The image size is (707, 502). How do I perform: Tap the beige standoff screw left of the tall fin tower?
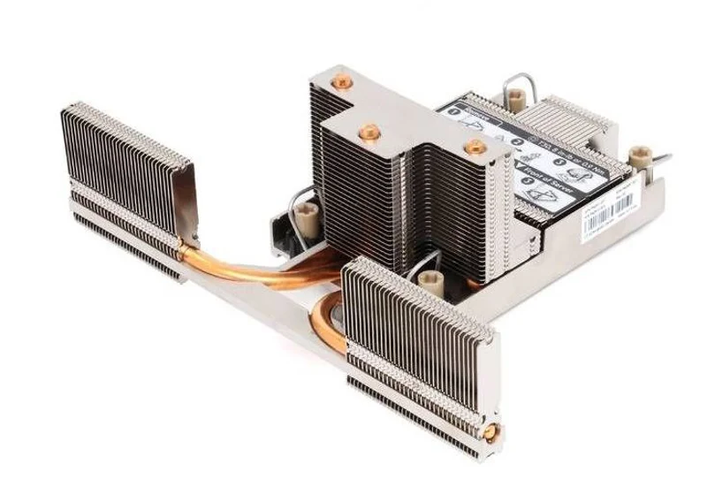click(x=308, y=211)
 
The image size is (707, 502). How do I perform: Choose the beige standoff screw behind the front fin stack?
click(x=430, y=282)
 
